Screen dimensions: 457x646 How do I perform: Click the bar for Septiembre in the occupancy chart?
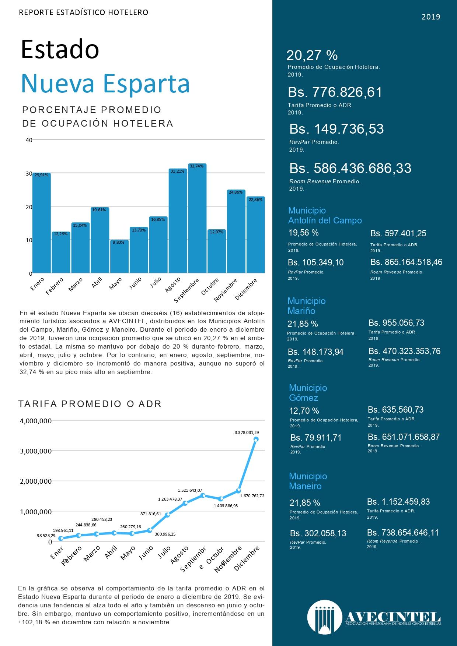tap(197, 218)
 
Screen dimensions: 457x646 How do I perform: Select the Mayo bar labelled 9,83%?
tap(119, 257)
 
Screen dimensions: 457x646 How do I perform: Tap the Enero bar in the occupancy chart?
tap(42, 223)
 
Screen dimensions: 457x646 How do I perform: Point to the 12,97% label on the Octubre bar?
tap(216, 232)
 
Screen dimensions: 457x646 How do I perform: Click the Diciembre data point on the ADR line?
tap(256, 439)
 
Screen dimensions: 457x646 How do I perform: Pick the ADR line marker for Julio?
tap(167, 515)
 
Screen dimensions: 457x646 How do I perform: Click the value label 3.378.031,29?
tap(247, 433)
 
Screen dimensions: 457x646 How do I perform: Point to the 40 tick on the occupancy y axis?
tap(29, 140)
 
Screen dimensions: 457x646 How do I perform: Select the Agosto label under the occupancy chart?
tap(172, 285)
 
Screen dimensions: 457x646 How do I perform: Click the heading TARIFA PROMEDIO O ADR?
tap(90, 404)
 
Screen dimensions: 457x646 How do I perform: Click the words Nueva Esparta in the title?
tap(105, 84)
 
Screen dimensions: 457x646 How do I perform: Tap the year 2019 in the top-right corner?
tap(431, 17)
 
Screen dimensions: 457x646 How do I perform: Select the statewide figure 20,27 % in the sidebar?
tap(312, 55)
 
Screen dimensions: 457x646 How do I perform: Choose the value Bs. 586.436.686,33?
tap(350, 168)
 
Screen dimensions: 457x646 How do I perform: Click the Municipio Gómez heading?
tap(308, 393)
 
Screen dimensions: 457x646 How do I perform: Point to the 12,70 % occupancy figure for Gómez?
tap(304, 411)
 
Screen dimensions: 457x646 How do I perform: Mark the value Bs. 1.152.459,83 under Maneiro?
tap(398, 502)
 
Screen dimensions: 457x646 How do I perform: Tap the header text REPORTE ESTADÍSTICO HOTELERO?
tap(84, 13)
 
